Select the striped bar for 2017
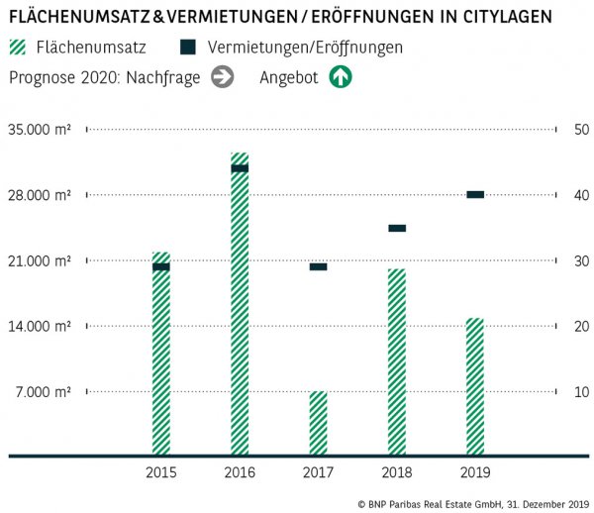(318, 423)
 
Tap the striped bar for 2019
(475, 386)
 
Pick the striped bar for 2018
(397, 361)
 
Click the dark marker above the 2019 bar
(475, 194)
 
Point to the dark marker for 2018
(397, 228)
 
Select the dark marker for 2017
(318, 266)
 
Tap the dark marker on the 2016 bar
(240, 168)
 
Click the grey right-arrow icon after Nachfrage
(223, 77)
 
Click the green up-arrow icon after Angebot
(341, 77)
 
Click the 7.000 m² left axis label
(43, 392)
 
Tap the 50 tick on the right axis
(552, 130)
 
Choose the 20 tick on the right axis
(552, 327)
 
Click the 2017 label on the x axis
(318, 472)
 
